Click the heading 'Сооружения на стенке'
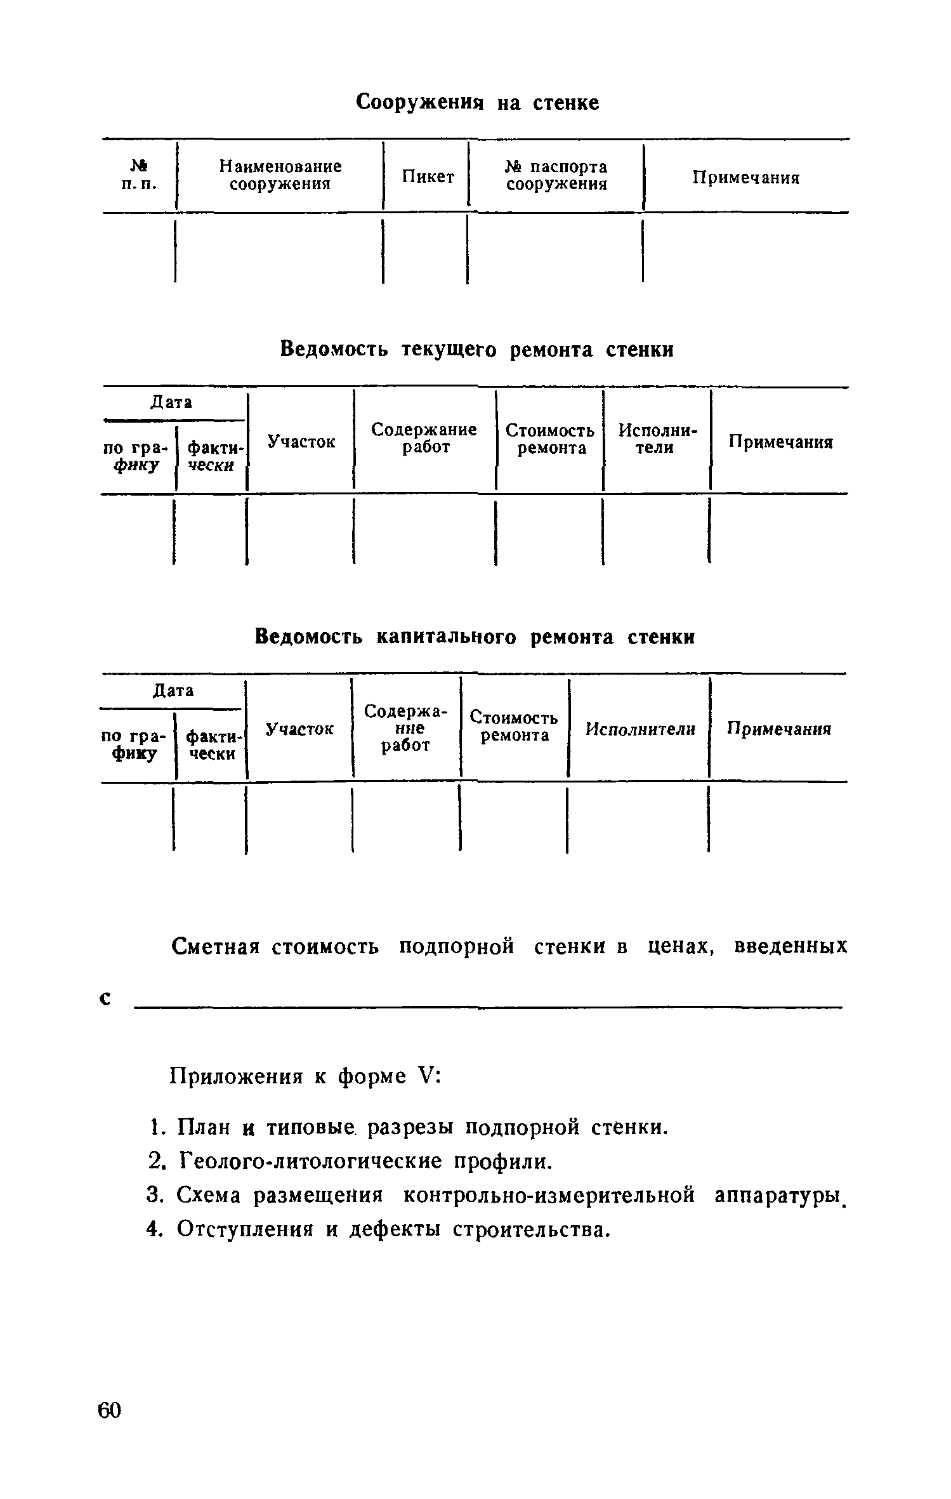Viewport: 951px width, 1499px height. pyautogui.click(x=477, y=102)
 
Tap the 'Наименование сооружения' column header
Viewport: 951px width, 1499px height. pyautogui.click(x=280, y=175)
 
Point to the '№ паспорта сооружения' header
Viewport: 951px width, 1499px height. pyautogui.click(x=556, y=175)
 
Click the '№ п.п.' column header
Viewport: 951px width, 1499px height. pyautogui.click(x=138, y=175)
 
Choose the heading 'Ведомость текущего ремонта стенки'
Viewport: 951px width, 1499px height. pyautogui.click(x=476, y=349)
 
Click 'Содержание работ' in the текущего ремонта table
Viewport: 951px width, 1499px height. pyautogui.click(x=424, y=439)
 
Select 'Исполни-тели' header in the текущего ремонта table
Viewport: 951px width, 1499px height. pyautogui.click(x=657, y=439)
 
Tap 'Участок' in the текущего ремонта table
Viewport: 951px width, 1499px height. pyautogui.click(x=301, y=442)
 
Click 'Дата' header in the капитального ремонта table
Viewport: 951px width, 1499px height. pyautogui.click(x=173, y=690)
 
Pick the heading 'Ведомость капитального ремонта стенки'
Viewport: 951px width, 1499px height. pyautogui.click(x=475, y=637)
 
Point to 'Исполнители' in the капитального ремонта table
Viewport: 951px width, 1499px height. pyautogui.click(x=640, y=729)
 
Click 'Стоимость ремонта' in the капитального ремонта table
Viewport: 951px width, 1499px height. pyautogui.click(x=514, y=727)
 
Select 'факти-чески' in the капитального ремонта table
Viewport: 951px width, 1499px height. pyautogui.click(x=212, y=745)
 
